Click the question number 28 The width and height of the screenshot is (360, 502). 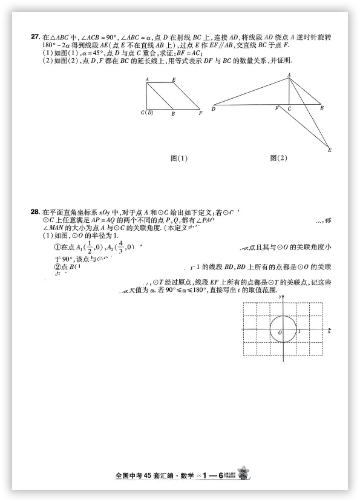coord(34,212)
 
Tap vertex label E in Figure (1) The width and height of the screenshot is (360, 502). coord(174,80)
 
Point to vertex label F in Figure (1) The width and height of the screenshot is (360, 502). coord(200,113)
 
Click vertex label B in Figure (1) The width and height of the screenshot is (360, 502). coord(173,113)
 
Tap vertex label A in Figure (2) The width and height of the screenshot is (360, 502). coord(289,74)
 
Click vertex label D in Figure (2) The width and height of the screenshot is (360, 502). coord(214,109)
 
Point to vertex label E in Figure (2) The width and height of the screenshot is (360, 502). coord(329,150)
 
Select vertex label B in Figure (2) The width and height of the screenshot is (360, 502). coord(321,108)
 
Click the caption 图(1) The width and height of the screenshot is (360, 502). coord(179,159)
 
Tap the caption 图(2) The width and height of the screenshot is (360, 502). coord(279,159)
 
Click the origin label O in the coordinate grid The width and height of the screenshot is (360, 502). coord(280,332)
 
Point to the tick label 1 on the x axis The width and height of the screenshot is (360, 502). coord(298,332)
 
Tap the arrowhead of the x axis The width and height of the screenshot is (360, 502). coord(327,329)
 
